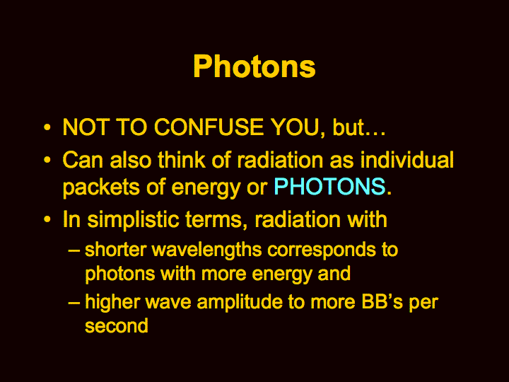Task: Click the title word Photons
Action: click(255, 66)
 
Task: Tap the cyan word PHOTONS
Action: click(329, 186)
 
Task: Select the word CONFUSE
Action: click(209, 127)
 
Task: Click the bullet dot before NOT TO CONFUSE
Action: click(47, 127)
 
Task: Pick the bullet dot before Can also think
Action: click(47, 160)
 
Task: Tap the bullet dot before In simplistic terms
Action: click(47, 219)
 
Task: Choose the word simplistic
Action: click(133, 220)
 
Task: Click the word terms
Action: click(215, 220)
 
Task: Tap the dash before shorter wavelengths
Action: click(74, 250)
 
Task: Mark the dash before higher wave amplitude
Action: click(74, 303)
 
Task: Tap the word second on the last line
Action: click(117, 325)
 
